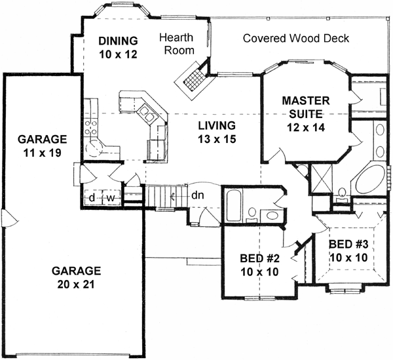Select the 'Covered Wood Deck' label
click(295, 38)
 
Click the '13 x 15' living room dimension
click(216, 138)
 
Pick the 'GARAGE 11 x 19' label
click(43, 146)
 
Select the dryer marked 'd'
click(93, 197)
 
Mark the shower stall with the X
click(323, 178)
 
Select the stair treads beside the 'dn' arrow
click(160, 195)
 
